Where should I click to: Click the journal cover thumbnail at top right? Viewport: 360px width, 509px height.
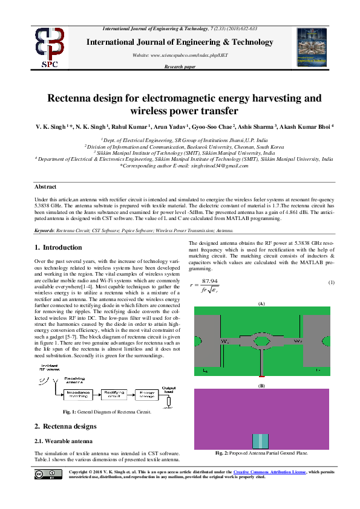pyautogui.click(x=312, y=47)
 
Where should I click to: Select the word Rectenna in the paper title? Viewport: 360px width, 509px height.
pyautogui.click(x=73, y=98)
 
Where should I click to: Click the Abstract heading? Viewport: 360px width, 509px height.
pyautogui.click(x=45, y=187)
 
